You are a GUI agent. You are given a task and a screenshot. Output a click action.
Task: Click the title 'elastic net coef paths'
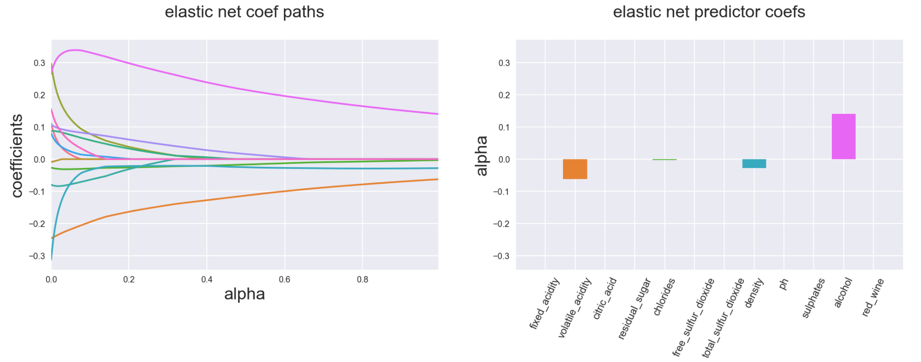pyautogui.click(x=244, y=12)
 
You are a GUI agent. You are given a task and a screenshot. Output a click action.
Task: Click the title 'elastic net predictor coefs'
pyautogui.click(x=709, y=12)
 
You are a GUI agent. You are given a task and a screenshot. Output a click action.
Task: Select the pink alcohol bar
pyautogui.click(x=843, y=136)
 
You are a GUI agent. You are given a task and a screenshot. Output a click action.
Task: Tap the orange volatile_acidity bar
pyautogui.click(x=575, y=169)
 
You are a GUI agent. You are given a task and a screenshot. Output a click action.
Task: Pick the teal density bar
pyautogui.click(x=754, y=164)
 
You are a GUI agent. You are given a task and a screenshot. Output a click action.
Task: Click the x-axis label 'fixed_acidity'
pyautogui.click(x=545, y=304)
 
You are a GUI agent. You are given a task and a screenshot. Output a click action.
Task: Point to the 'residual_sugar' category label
pyautogui.click(x=634, y=308)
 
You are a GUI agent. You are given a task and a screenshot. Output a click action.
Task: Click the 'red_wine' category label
pyautogui.click(x=873, y=297)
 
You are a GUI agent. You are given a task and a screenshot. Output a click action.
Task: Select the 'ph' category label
pyautogui.click(x=784, y=284)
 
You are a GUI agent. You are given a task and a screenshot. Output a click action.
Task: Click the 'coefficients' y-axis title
pyautogui.click(x=17, y=156)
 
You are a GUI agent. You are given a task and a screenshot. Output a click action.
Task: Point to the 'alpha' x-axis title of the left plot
pyautogui.click(x=244, y=294)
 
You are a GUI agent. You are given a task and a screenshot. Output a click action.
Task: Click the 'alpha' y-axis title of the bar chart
pyautogui.click(x=481, y=156)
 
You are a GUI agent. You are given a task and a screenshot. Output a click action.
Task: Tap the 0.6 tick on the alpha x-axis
pyautogui.click(x=284, y=279)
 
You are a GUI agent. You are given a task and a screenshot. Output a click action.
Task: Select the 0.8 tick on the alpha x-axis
pyautogui.click(x=363, y=279)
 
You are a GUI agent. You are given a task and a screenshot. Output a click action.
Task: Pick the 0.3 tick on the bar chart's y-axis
pyautogui.click(x=504, y=63)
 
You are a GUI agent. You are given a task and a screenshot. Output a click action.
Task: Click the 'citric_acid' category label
pyautogui.click(x=605, y=299)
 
